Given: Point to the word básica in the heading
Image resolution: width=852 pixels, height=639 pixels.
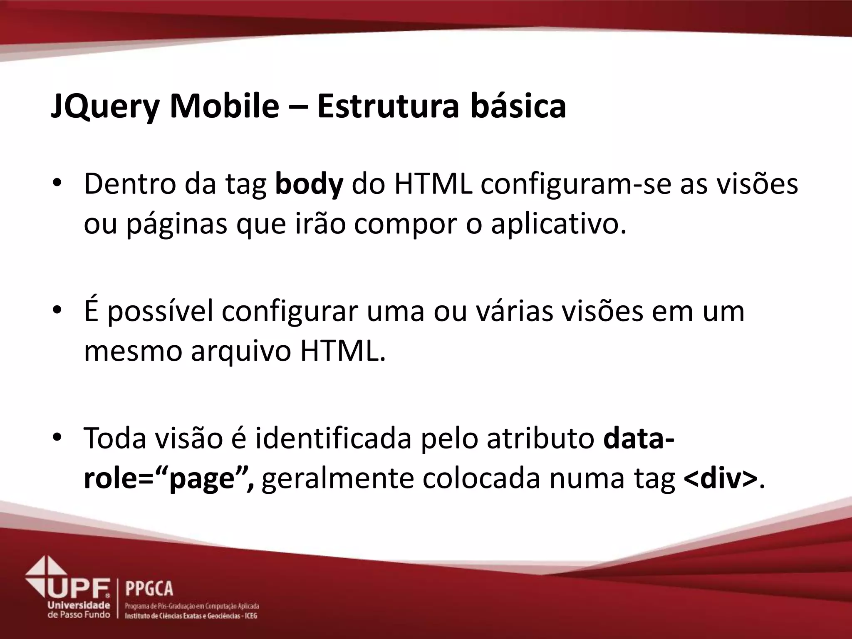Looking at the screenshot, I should [518, 106].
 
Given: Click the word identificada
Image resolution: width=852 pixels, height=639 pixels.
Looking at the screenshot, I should [333, 439].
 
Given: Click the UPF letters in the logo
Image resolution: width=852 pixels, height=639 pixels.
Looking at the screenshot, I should [79, 588].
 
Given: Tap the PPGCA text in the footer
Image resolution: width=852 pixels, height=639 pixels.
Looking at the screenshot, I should [149, 589].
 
